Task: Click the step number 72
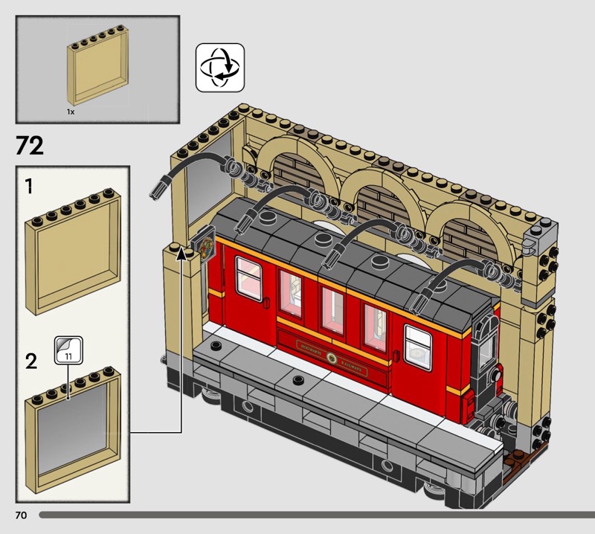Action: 30,146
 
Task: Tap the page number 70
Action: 19,515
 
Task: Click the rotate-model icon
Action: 219,67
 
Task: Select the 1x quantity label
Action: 71,111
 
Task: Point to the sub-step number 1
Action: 29,187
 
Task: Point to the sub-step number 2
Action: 30,361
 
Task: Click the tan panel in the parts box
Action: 98,71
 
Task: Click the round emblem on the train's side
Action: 331,356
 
